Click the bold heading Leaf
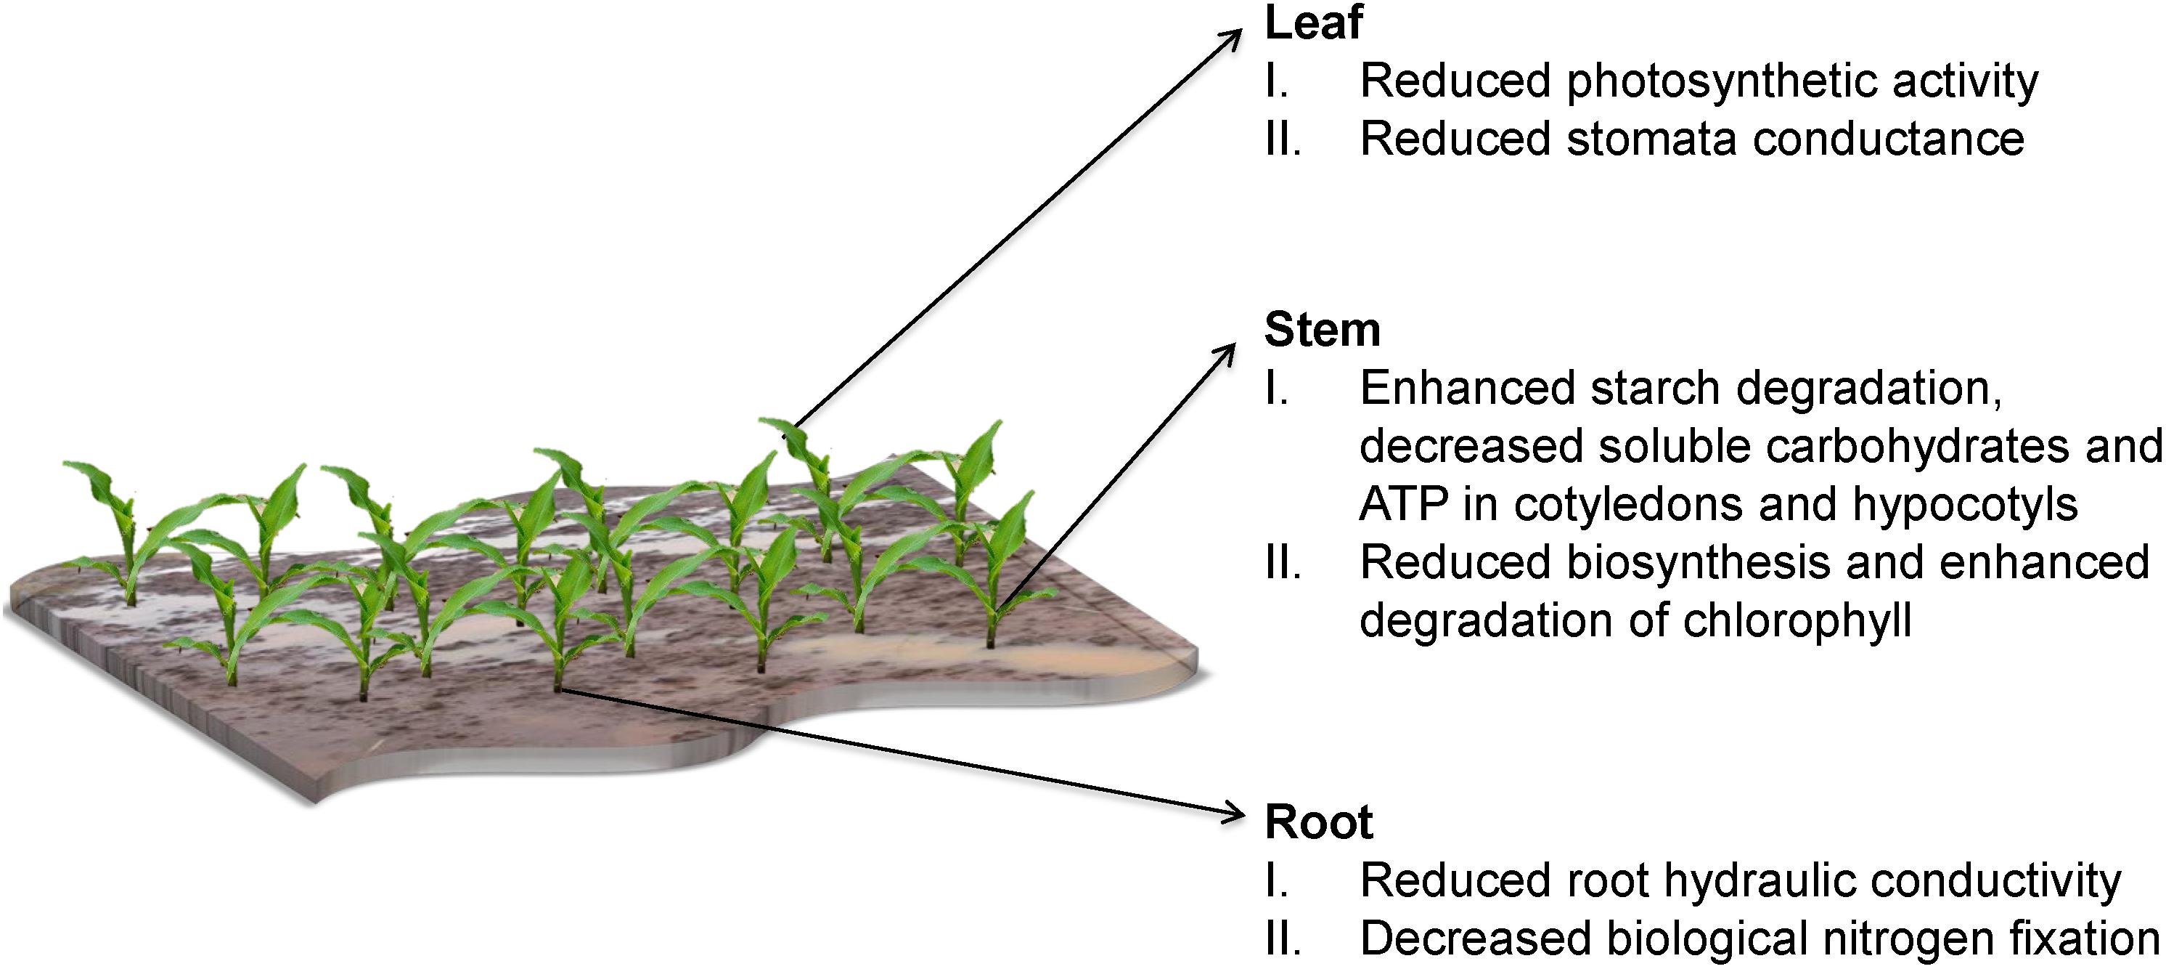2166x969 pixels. coord(1312,23)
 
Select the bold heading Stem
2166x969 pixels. coord(1322,330)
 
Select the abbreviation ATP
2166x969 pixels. coord(1403,505)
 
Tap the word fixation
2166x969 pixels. coord(2077,938)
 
